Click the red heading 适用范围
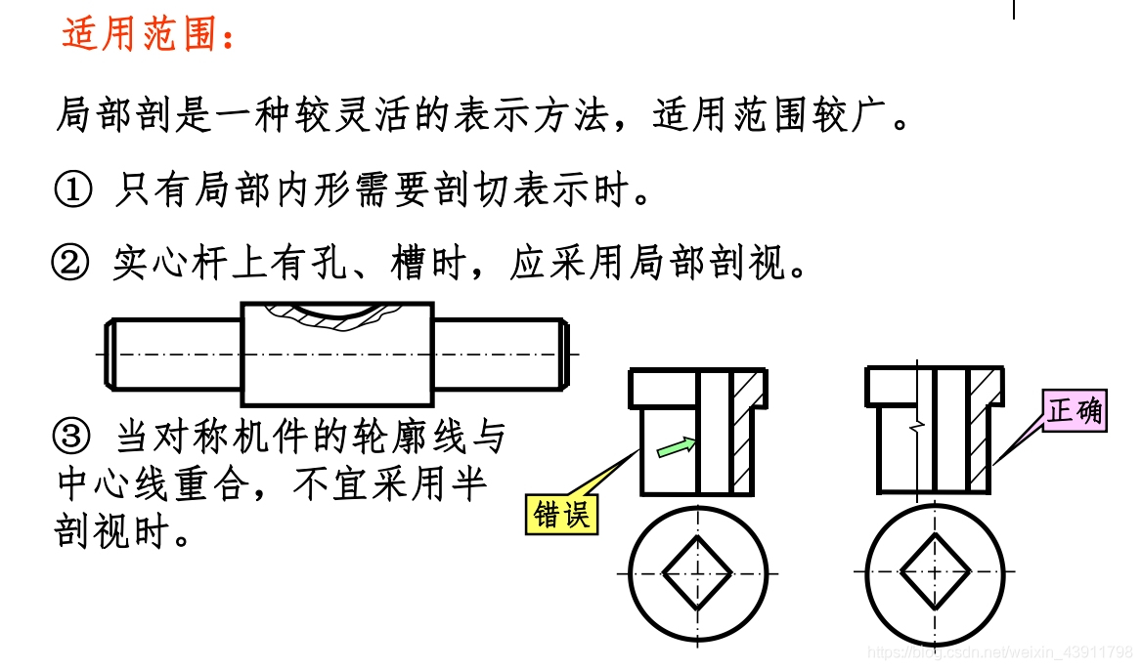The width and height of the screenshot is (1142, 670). point(147,36)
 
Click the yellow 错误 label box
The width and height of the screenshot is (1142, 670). point(562,512)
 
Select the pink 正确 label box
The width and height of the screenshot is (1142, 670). point(1075,410)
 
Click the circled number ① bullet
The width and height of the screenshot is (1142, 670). point(72,189)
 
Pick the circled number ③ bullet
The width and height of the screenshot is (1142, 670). point(72,437)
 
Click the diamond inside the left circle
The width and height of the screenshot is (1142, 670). point(697,572)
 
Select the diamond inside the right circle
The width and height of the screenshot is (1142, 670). point(935,571)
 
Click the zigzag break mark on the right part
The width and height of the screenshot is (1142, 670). point(917,428)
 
